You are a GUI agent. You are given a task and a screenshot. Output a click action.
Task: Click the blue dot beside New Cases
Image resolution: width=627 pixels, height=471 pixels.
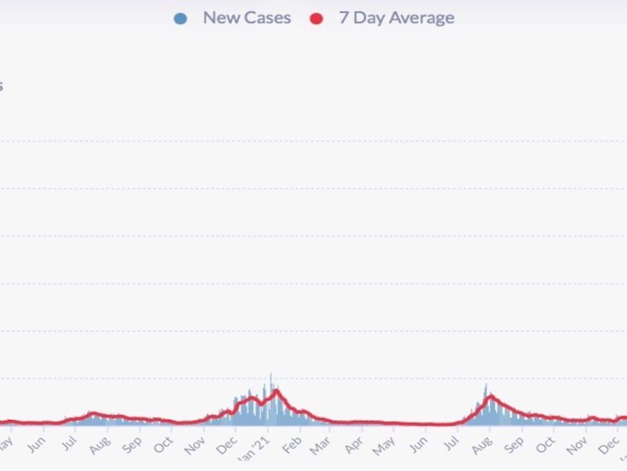181,18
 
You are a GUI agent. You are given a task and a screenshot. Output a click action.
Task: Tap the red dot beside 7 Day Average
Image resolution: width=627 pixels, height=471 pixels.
317,18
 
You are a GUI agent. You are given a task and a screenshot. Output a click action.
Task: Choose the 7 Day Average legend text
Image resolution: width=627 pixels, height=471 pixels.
396,17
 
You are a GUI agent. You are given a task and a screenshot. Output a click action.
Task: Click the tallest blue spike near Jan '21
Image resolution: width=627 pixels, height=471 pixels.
271,375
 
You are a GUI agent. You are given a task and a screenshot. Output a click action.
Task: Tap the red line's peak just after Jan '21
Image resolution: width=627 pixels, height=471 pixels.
277,390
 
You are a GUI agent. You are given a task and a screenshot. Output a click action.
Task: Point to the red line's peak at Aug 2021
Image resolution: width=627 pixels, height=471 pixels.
490,396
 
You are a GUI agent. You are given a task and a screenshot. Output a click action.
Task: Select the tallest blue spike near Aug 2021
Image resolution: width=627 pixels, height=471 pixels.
486,385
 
